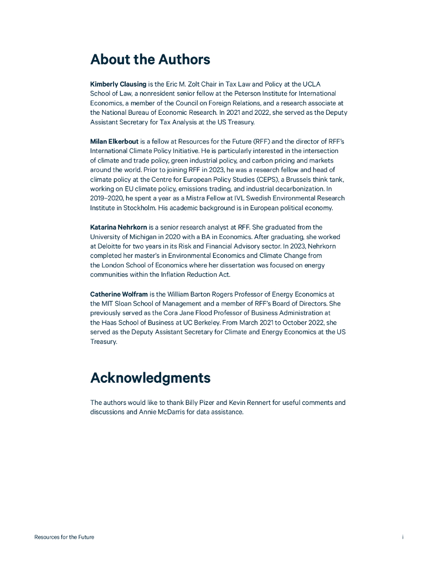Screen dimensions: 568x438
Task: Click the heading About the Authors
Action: [150, 59]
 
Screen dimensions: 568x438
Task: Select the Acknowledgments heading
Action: [150, 378]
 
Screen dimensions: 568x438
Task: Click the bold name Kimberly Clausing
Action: [118, 84]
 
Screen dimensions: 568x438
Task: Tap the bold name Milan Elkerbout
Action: [114, 141]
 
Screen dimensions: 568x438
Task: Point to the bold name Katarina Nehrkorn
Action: [118, 227]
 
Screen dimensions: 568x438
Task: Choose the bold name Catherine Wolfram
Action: [119, 294]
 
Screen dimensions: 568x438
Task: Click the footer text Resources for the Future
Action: [64, 537]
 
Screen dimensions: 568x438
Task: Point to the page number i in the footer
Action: [403, 537]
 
